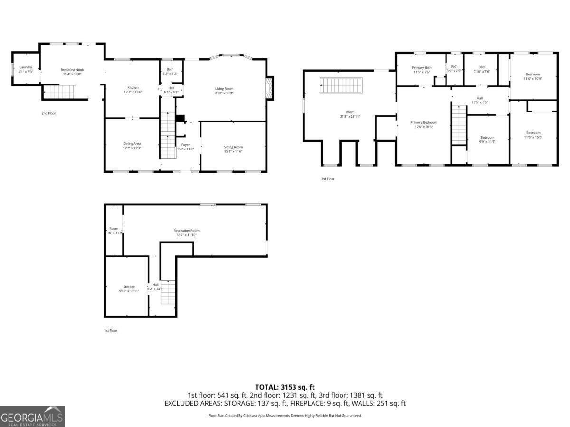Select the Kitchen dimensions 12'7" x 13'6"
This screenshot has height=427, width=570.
pos(133,92)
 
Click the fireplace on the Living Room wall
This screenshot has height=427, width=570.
pos(269,88)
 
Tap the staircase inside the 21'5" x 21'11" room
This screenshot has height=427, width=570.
pos(341,86)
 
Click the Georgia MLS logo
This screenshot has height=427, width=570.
pos(32,416)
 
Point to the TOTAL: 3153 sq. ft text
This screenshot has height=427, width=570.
pos(285,387)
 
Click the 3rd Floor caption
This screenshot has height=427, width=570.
pos(328,179)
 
